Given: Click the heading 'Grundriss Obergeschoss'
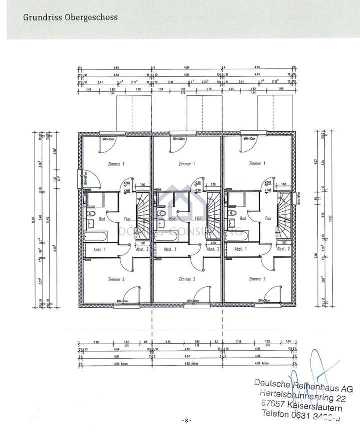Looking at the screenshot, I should [x=70, y=17].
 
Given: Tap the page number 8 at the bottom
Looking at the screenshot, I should [x=186, y=421].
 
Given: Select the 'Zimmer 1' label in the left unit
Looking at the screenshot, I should [x=116, y=164].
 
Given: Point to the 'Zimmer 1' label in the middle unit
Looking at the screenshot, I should [x=186, y=164].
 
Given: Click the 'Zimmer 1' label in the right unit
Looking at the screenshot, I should [x=257, y=164].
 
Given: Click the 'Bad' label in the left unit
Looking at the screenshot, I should [x=102, y=218].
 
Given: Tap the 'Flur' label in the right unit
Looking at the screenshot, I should [x=268, y=218].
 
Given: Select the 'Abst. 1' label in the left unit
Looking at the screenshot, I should [x=100, y=249].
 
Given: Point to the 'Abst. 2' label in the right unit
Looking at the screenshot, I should [x=283, y=249].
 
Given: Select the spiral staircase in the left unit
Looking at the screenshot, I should [x=142, y=210].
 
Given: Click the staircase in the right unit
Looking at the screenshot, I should [x=284, y=210].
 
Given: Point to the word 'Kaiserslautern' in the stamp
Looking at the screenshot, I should [x=314, y=406].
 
